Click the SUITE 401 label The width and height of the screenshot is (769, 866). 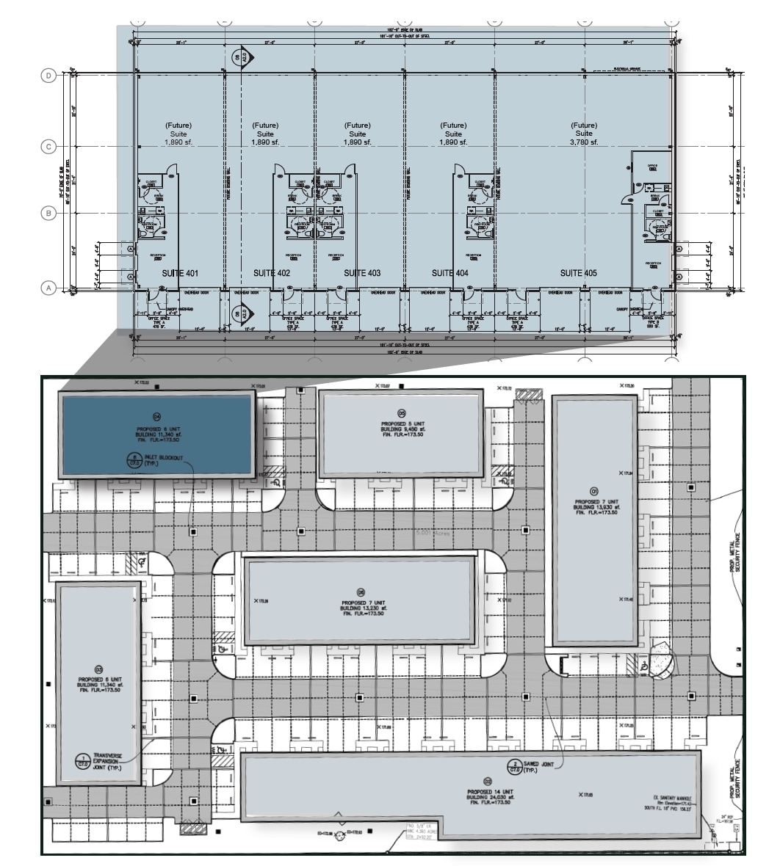(x=180, y=273)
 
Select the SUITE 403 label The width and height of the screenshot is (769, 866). (x=362, y=273)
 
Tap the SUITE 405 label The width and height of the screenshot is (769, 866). (x=579, y=273)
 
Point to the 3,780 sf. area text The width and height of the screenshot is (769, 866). (x=584, y=142)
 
